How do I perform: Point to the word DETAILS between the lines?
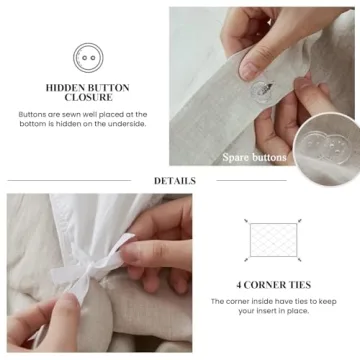click(x=174, y=181)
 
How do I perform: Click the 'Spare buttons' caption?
click(x=254, y=157)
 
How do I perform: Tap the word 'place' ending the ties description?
click(x=298, y=310)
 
